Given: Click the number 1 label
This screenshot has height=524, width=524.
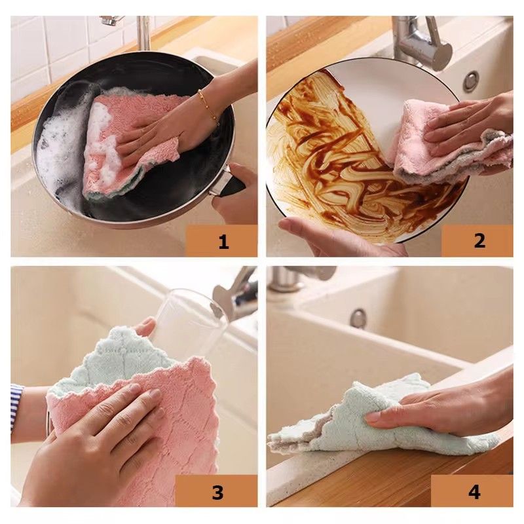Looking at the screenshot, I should pyautogui.click(x=223, y=241).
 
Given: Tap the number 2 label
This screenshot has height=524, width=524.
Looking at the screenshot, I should pyautogui.click(x=479, y=240).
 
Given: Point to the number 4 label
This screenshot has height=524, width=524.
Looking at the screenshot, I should pyautogui.click(x=474, y=491).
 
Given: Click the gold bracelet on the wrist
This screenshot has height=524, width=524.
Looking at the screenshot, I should pyautogui.click(x=208, y=107).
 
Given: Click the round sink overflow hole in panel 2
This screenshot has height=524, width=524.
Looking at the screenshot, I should pyautogui.click(x=470, y=81).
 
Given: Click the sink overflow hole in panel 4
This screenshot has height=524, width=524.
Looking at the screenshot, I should pyautogui.click(x=358, y=318).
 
